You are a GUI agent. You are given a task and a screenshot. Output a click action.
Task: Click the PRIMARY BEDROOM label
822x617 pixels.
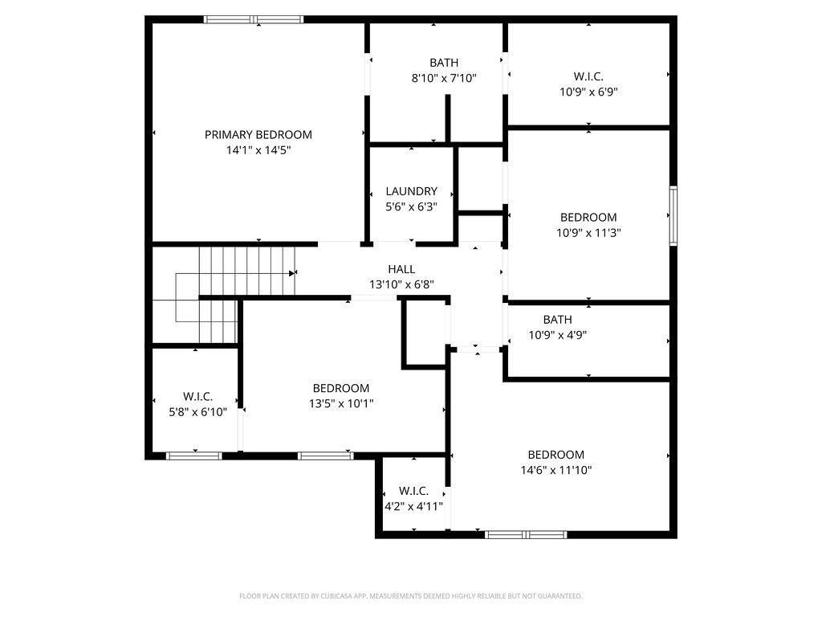tap(258, 135)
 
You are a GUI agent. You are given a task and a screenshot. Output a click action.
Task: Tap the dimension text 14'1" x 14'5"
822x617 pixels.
tap(258, 150)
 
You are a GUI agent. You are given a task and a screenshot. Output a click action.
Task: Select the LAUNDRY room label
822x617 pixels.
tap(411, 191)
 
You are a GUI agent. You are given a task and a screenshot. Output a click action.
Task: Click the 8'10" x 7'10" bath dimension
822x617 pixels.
tap(444, 78)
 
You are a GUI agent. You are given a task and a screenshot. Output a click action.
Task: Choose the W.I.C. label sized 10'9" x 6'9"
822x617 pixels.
tap(588, 76)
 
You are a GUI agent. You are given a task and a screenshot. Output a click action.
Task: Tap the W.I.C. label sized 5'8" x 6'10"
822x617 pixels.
tap(197, 397)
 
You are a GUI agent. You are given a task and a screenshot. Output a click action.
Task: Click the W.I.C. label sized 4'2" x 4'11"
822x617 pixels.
tap(413, 491)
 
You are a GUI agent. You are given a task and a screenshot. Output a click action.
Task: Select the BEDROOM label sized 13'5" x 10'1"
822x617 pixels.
tap(341, 388)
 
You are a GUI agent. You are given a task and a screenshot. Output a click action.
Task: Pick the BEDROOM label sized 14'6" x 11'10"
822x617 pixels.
tap(555, 455)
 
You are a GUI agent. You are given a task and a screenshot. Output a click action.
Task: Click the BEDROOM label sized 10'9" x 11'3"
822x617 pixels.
tap(588, 217)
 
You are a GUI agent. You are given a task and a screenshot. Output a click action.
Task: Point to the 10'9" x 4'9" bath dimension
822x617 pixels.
tap(557, 335)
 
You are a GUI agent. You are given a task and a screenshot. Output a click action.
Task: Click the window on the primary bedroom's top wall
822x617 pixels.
tap(254, 19)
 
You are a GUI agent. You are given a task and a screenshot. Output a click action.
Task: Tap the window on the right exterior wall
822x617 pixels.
tap(673, 215)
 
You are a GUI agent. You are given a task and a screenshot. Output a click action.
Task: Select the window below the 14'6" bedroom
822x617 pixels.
tap(526, 534)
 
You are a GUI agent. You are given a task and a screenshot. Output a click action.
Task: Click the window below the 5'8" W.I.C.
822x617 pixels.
tap(193, 456)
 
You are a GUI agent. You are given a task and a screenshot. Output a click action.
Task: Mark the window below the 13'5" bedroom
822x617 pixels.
tap(326, 456)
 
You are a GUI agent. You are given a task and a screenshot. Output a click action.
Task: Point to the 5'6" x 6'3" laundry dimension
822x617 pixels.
tap(411, 206)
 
